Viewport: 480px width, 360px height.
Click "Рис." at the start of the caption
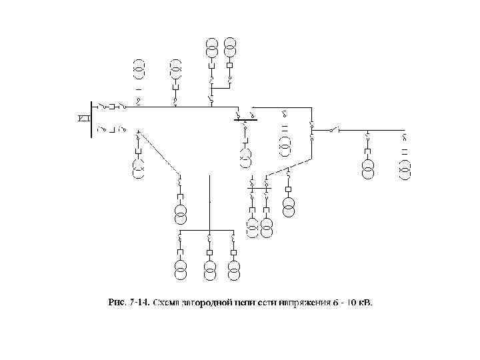click(x=117, y=303)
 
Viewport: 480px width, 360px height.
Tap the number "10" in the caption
click(x=349, y=303)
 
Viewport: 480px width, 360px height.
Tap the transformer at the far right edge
click(x=405, y=165)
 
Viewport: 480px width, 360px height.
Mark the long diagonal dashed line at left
click(x=159, y=153)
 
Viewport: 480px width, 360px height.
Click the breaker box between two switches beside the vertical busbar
click(x=113, y=106)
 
